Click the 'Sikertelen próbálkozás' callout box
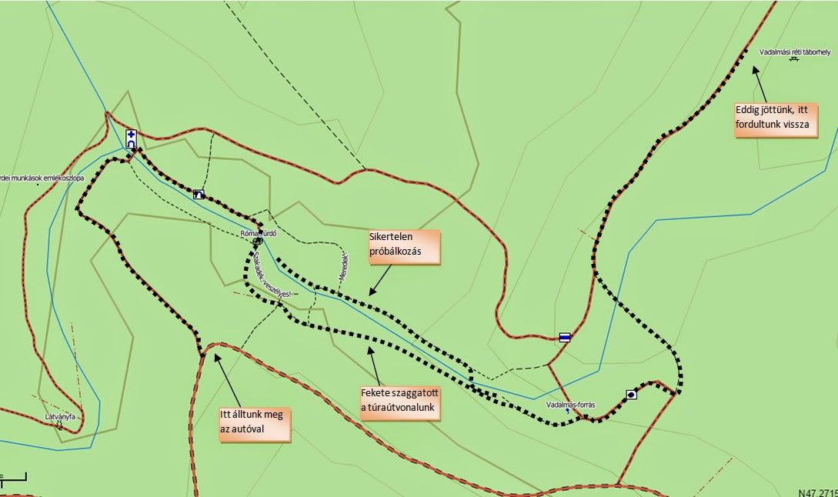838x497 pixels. (x=404, y=247)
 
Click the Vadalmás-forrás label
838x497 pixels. (x=570, y=403)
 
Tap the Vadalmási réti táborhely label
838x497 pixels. (x=794, y=52)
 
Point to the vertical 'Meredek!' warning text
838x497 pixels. (x=343, y=265)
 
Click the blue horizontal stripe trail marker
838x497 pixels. (x=565, y=337)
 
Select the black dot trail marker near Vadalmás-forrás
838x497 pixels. (x=631, y=395)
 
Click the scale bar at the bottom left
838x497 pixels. (x=13, y=479)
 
